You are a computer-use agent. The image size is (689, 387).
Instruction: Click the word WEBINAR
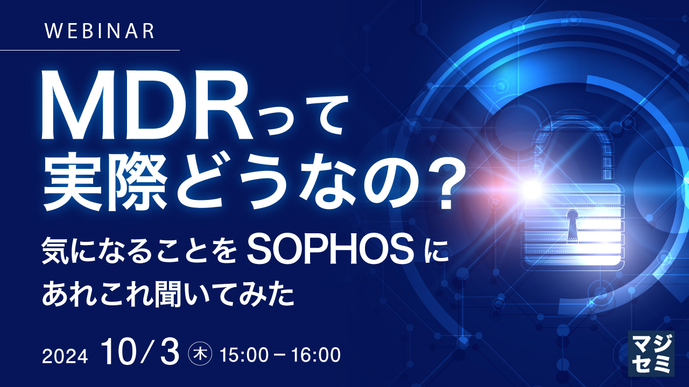coord(100,31)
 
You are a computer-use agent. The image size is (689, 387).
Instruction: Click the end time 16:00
coord(317,355)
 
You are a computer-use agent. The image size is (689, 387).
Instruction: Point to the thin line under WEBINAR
coord(89,50)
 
